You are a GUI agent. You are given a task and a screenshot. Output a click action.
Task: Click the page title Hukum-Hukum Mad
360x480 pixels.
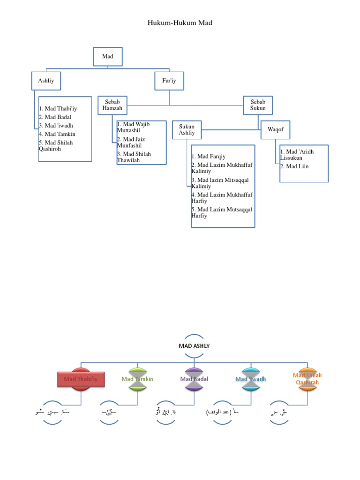click(180, 22)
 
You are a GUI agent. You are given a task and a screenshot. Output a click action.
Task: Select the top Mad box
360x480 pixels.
click(107, 57)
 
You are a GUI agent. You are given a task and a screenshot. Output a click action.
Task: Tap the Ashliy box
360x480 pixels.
click(46, 81)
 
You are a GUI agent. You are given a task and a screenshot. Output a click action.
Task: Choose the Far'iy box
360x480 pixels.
click(169, 81)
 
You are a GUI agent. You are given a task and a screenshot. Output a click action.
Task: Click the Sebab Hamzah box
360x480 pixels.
click(112, 105)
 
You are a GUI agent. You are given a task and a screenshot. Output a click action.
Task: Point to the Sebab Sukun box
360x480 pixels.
click(258, 105)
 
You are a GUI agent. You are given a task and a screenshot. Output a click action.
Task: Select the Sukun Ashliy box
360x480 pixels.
click(187, 130)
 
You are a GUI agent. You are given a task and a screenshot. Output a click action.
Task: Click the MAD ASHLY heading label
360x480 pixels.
click(194, 346)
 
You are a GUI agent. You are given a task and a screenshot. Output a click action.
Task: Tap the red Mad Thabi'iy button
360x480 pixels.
click(81, 379)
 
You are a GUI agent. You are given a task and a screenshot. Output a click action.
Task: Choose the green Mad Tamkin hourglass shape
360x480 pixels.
click(137, 379)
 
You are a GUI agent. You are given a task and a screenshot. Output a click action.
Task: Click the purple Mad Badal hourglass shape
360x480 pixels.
click(194, 379)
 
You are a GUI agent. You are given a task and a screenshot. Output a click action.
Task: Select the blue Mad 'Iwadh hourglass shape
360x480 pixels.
click(251, 379)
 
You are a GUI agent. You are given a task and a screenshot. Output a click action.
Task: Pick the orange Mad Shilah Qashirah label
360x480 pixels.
click(307, 379)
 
